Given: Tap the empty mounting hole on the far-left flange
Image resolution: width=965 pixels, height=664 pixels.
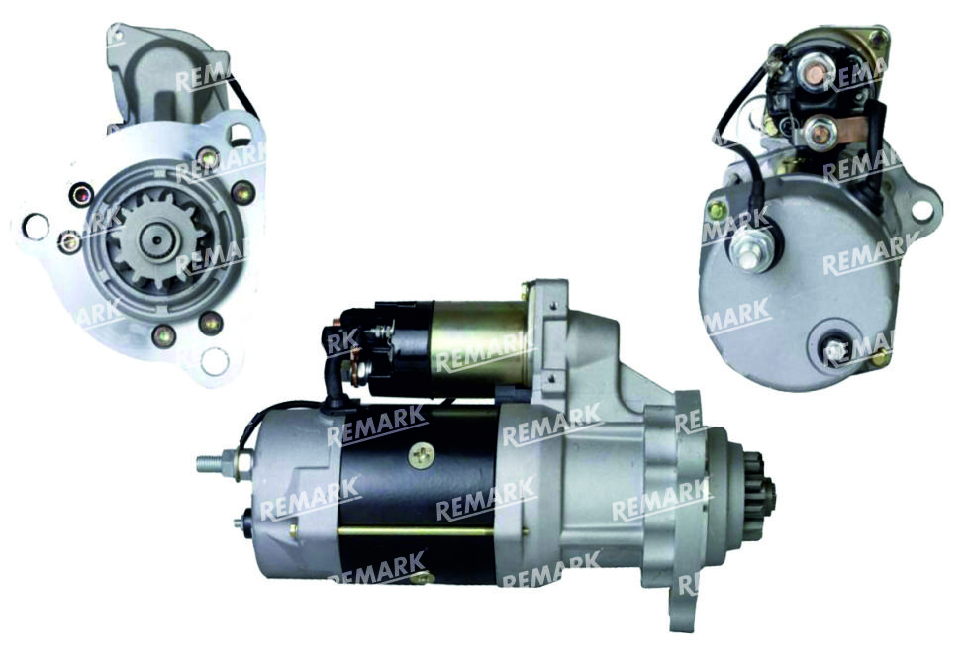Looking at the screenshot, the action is pos(35,227).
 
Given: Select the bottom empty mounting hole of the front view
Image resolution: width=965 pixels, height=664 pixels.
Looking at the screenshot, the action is pos(215,361).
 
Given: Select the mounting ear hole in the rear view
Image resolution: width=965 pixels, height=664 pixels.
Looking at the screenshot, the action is pos(921,209).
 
